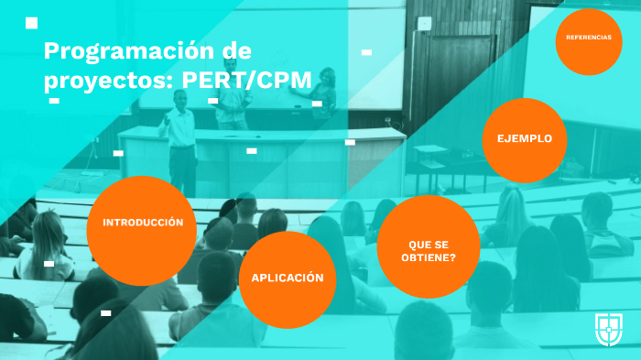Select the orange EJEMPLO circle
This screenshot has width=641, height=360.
(x=524, y=139)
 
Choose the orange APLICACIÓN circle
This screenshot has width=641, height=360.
(x=287, y=278)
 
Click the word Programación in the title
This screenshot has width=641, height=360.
(x=119, y=49)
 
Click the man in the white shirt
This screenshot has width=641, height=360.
(x=180, y=137)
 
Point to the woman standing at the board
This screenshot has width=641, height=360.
(x=324, y=93)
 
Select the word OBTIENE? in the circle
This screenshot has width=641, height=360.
(x=429, y=256)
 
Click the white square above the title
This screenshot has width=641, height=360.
(x=31, y=23)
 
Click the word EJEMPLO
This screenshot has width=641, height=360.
(x=524, y=138)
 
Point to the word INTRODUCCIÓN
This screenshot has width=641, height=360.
(x=142, y=223)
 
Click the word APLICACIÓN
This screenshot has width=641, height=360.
(x=287, y=278)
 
